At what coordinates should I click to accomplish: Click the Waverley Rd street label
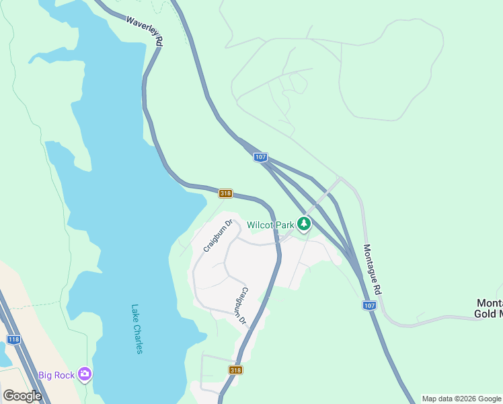coord(145,30)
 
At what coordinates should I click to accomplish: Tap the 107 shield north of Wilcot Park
coord(260,157)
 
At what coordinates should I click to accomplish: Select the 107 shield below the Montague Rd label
coord(369,305)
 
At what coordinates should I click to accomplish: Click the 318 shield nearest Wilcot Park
coord(225,194)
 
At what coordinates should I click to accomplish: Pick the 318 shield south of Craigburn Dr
coord(235,370)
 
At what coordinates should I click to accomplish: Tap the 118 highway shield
coord(13,339)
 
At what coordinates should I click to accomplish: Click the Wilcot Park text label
coord(270,224)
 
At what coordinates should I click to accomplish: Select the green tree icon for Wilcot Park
coord(304,224)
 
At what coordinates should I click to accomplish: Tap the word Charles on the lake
coord(138,339)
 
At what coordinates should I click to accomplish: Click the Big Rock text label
coord(56,374)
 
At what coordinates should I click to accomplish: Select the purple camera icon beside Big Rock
coord(84,374)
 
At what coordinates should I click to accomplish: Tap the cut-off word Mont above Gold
coord(490,303)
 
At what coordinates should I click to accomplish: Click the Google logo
coord(22,396)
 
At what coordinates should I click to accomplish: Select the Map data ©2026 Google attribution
coord(461,399)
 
